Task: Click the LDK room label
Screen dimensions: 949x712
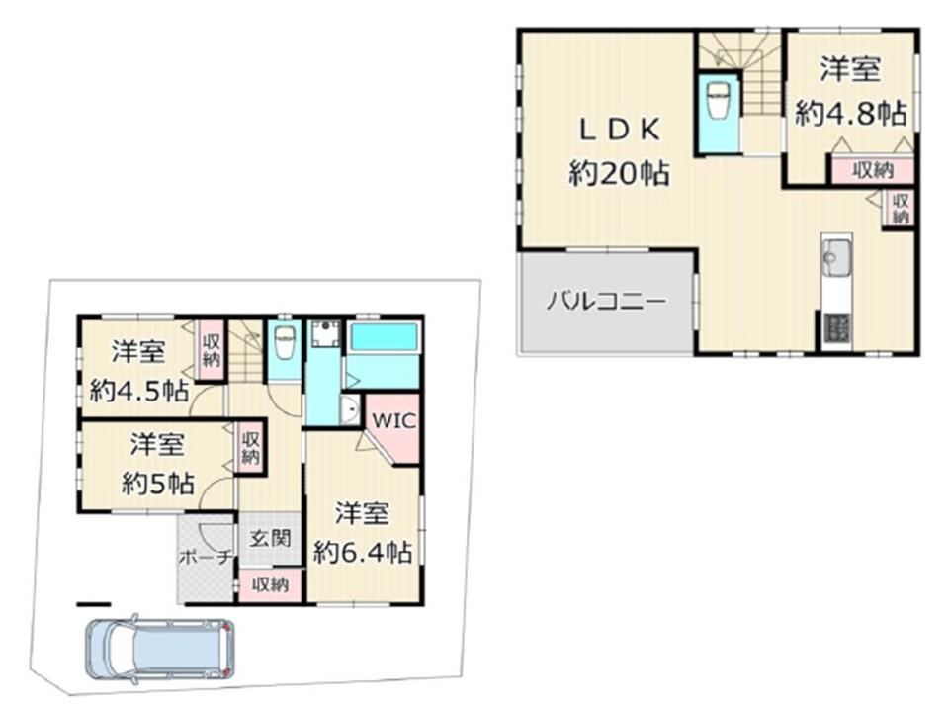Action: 620,130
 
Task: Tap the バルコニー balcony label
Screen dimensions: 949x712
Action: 606,301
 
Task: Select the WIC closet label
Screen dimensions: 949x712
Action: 394,420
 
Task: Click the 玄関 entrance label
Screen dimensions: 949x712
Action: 271,538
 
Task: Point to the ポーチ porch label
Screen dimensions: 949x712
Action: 207,557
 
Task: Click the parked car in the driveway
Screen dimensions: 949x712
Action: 160,649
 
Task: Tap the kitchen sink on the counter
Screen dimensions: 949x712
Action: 837,257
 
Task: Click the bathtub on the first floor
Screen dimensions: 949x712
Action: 384,337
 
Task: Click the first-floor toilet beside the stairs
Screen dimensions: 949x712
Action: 284,343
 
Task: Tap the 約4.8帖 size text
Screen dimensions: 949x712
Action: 851,113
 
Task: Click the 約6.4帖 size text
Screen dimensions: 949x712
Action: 363,552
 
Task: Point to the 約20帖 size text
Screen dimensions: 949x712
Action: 619,174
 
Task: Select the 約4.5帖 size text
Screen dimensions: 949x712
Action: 138,392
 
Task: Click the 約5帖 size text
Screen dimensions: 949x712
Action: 157,484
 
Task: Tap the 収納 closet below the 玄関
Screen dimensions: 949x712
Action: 270,585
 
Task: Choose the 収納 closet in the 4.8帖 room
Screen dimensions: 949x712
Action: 873,170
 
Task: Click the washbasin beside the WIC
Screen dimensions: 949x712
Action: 350,411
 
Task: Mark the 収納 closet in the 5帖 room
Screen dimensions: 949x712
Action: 250,448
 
